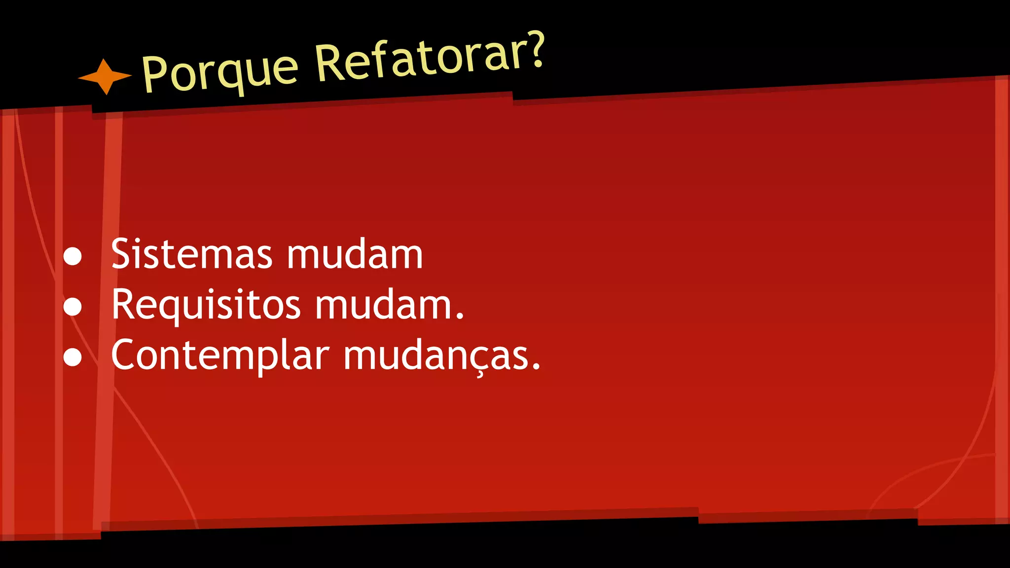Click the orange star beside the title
click(105, 76)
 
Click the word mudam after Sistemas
click(355, 254)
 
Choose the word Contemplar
click(220, 355)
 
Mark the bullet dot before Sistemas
click(72, 256)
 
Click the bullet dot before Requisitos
click(72, 306)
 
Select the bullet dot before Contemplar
click(72, 357)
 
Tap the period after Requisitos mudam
click(460, 317)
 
